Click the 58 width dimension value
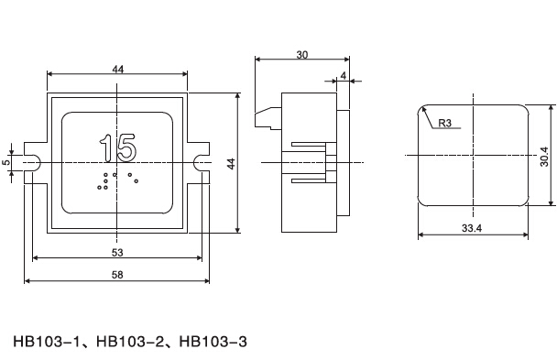pos(117,275)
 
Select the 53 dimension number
pos(117,253)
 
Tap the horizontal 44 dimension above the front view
pos(118,70)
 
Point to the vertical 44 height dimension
pos(231,164)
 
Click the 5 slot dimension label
pos(6,162)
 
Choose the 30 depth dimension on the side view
pos(302,55)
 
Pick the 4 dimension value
pos(344,76)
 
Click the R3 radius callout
pos(444,123)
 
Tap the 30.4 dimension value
pos(544,157)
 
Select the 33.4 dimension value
pos(472,228)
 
